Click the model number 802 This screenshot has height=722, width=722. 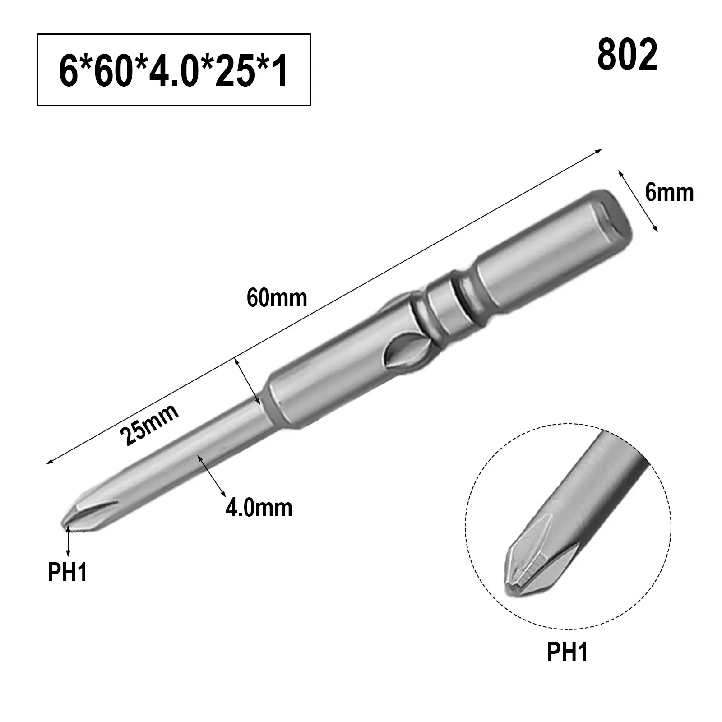click(x=627, y=56)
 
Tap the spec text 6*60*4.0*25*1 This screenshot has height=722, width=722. click(x=174, y=69)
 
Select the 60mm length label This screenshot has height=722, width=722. click(x=277, y=298)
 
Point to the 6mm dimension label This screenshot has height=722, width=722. click(x=669, y=193)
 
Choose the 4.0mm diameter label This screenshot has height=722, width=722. click(x=259, y=508)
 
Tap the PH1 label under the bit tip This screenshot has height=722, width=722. click(x=68, y=573)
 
